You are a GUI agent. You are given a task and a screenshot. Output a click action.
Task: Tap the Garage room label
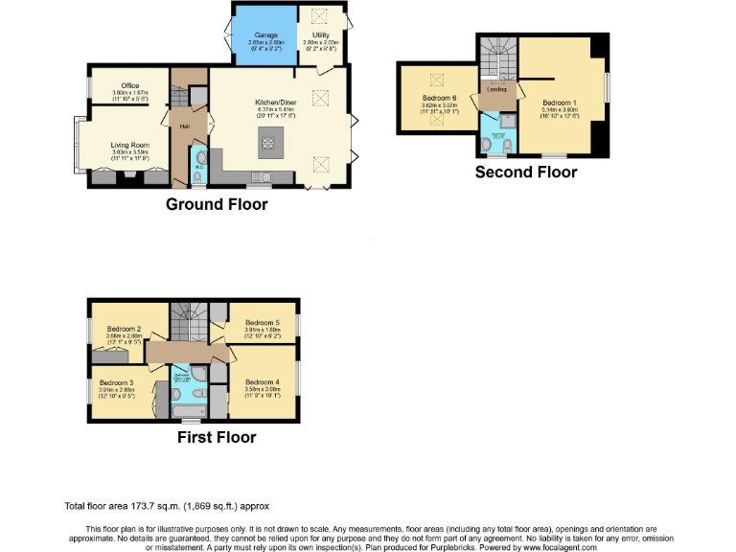click(x=265, y=35)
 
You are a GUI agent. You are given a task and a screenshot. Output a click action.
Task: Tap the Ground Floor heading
click(x=217, y=204)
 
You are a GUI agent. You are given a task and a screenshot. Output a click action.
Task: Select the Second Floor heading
click(x=526, y=172)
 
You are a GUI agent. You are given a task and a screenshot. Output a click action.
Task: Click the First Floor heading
click(x=217, y=437)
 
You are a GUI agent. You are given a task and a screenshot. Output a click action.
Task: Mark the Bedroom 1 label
click(x=560, y=103)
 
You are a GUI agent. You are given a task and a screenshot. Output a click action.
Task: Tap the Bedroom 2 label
click(x=125, y=330)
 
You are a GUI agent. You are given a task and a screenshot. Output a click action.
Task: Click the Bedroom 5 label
click(x=262, y=323)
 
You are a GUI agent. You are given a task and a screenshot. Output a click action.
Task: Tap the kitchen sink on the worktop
click(x=258, y=175)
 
